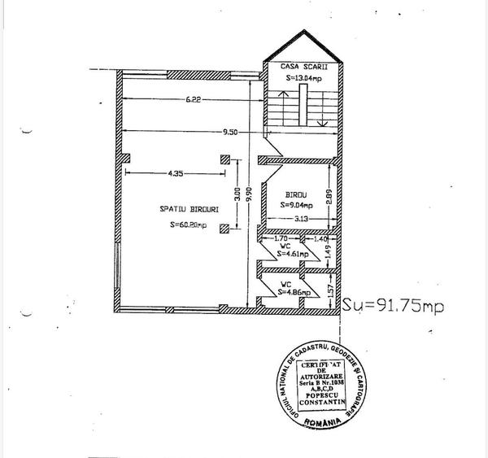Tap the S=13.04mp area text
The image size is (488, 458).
coord(303,78)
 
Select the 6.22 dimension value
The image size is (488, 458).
coord(193,99)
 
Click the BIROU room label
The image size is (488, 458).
coord(295,195)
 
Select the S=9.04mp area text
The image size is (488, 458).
coord(297,205)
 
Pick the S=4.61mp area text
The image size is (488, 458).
coord(294,254)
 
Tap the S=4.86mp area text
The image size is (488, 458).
coord(294,290)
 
